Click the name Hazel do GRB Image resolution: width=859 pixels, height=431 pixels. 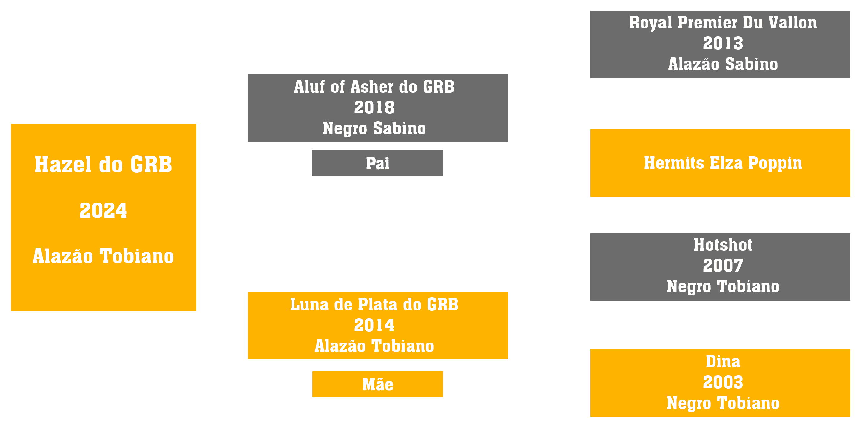point(103,164)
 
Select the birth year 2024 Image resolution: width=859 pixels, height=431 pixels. point(103,210)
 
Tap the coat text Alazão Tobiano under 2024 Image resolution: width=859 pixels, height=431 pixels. point(103,256)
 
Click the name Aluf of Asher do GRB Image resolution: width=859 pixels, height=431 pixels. point(374,87)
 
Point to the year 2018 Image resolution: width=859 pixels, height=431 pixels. point(374,108)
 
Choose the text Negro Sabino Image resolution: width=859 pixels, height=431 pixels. point(374,128)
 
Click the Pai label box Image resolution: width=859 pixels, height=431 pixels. point(377,163)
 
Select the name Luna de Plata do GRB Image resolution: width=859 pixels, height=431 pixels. point(374,304)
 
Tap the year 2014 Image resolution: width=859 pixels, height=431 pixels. point(374,325)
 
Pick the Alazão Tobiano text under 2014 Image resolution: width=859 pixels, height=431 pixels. point(374,346)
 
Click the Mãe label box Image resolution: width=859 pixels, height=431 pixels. point(377,384)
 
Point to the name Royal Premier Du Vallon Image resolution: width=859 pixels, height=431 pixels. point(723,23)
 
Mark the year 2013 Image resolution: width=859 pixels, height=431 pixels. point(723,43)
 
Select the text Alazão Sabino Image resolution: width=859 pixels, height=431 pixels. point(723,64)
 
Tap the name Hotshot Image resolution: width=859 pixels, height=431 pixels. point(723,245)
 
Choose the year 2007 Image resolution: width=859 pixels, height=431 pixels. point(723,266)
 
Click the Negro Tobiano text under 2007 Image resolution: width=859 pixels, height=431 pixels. point(723,286)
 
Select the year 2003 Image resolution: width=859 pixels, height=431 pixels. point(723,382)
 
